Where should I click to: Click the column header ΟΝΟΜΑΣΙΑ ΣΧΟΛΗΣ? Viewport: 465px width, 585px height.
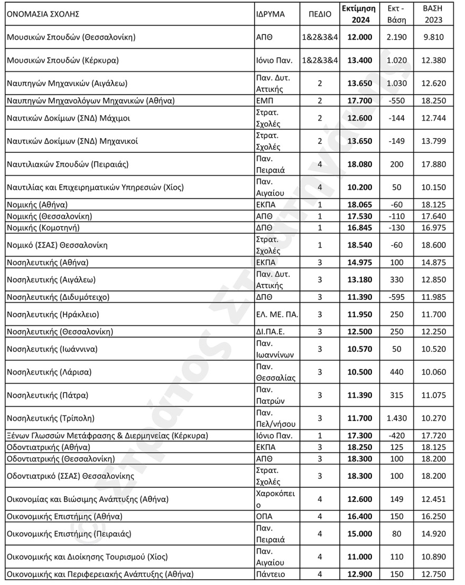click(43, 14)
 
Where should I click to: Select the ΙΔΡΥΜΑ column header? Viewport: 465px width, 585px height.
click(270, 14)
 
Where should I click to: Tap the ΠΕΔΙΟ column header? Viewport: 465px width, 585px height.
click(320, 14)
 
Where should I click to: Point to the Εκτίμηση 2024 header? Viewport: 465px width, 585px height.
click(358, 14)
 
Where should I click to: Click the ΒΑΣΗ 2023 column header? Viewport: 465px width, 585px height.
click(433, 14)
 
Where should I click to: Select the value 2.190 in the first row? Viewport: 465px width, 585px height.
click(396, 37)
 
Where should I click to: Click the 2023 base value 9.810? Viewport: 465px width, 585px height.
click(433, 37)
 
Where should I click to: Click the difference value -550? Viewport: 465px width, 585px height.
click(396, 100)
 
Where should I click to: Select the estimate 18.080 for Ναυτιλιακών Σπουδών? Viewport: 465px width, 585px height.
click(358, 164)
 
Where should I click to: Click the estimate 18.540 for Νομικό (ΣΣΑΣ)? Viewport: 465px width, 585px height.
click(358, 245)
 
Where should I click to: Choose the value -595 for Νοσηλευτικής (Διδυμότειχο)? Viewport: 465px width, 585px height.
click(396, 297)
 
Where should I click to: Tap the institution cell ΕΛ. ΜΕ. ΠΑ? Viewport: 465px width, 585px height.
click(277, 314)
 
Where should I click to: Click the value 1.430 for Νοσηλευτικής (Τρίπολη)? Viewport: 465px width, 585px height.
click(396, 418)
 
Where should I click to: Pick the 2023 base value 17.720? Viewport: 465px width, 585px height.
click(433, 436)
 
